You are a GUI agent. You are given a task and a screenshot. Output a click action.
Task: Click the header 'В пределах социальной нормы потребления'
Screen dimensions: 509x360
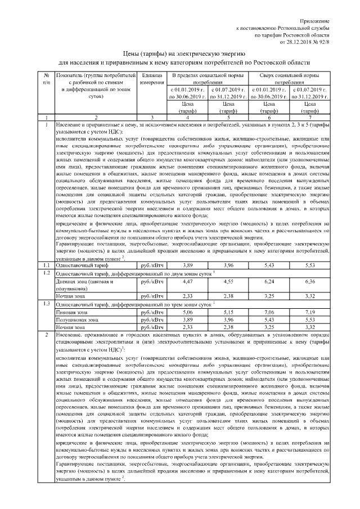pyautogui.click(x=208, y=79)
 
